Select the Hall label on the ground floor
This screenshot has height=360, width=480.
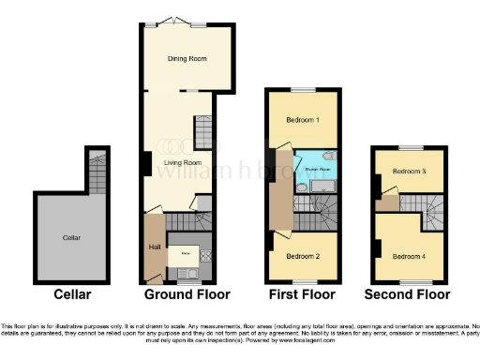pos(155,247)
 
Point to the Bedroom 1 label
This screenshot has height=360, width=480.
pos(303,120)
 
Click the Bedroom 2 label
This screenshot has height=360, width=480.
pos(303,256)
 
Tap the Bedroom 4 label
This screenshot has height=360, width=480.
pos(409,256)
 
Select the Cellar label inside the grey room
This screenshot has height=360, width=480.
pos(71,238)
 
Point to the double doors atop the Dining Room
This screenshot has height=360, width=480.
pos(171,21)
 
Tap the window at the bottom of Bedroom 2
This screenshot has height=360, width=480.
pos(303,281)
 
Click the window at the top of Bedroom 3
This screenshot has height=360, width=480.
pos(408,147)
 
